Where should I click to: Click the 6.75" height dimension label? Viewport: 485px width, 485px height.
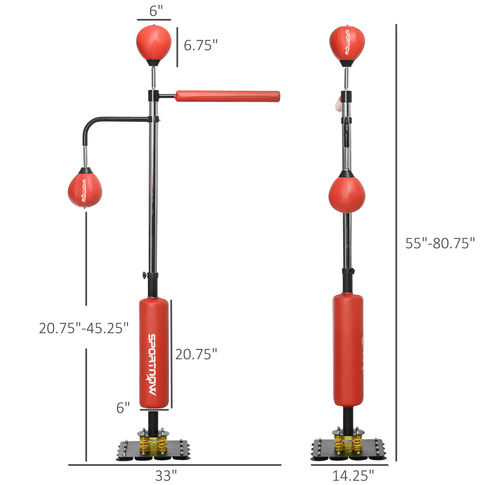[x=200, y=45]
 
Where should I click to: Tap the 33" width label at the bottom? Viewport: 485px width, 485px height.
[x=166, y=476]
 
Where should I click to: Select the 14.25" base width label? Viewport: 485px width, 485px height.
[x=353, y=476]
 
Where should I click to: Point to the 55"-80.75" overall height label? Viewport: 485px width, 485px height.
[x=440, y=243]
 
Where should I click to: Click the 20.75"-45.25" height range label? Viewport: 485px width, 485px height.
[x=84, y=328]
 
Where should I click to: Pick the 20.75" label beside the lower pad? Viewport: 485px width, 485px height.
[x=196, y=355]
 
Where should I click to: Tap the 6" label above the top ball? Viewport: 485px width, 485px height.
[x=156, y=11]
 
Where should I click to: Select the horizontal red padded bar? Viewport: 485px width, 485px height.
[x=227, y=97]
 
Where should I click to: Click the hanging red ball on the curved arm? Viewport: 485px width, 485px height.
[x=85, y=191]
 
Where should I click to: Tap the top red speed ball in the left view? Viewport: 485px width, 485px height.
[x=154, y=43]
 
